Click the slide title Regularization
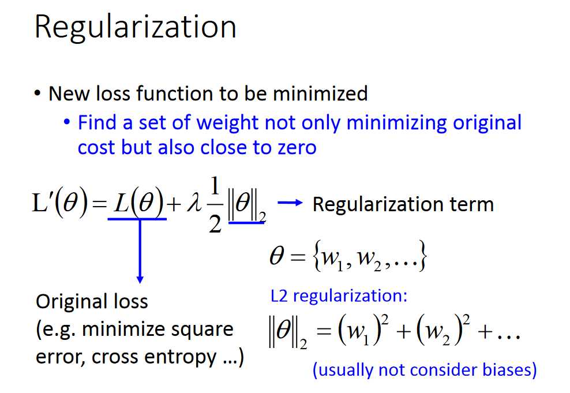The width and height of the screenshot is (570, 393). tap(135, 28)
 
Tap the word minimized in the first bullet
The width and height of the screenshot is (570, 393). tap(320, 93)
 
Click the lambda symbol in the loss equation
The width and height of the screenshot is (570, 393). tap(194, 203)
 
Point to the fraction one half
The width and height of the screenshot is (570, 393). tap(215, 205)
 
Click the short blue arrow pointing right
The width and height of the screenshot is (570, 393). tap(290, 203)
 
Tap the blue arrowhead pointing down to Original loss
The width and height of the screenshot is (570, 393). tap(140, 279)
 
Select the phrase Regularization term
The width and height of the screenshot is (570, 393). tap(403, 204)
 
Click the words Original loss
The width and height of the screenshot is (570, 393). tap(92, 301)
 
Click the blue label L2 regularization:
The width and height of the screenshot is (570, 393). tap(339, 295)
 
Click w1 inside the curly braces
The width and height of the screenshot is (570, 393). tap(333, 258)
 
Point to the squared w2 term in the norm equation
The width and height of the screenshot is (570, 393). tap(443, 330)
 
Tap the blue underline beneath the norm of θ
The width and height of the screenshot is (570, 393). tap(246, 222)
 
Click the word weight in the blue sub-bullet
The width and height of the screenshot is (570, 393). tap(227, 122)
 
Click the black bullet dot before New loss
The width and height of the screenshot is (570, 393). tap(37, 93)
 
